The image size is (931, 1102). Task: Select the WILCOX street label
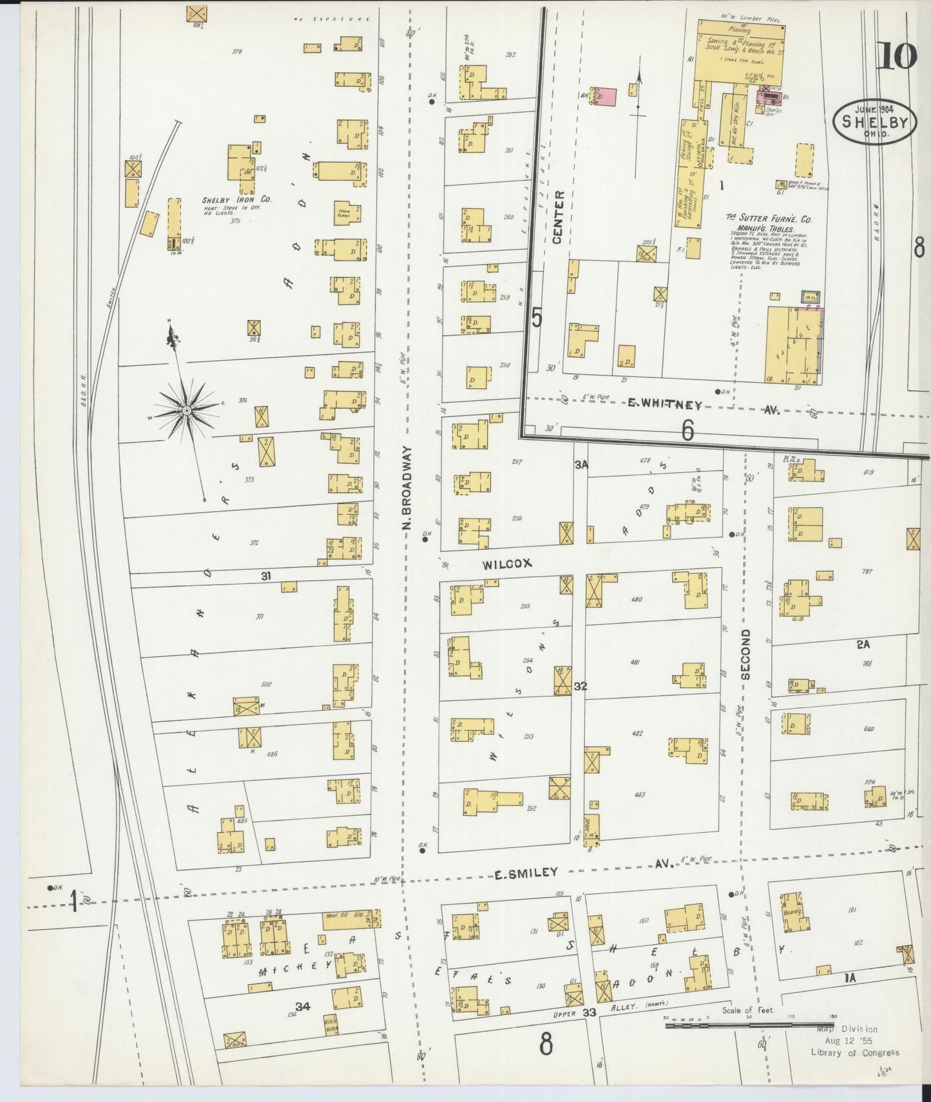click(507, 563)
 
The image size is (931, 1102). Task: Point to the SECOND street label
click(745, 655)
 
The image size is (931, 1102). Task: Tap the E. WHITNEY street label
click(664, 405)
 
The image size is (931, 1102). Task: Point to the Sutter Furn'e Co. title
click(769, 220)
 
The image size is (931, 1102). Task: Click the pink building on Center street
click(605, 96)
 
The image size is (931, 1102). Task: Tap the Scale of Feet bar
click(747, 1025)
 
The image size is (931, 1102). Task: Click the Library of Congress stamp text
click(854, 1053)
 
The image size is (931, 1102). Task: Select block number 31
click(265, 576)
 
